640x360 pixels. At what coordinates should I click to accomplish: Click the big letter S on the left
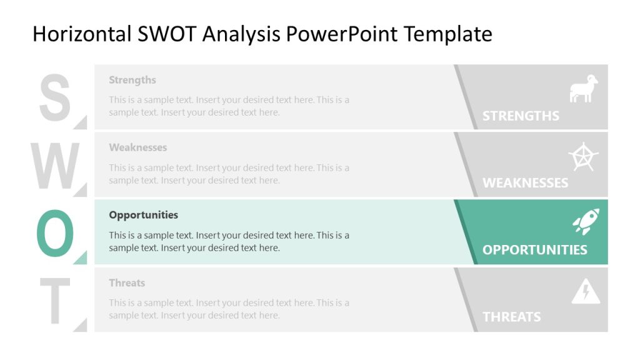(54, 97)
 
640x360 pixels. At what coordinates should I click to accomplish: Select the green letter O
(55, 232)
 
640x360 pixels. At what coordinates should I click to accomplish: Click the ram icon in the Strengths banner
(584, 89)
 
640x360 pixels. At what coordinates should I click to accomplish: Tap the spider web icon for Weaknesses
(584, 157)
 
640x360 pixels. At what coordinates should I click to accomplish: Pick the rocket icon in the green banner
(586, 222)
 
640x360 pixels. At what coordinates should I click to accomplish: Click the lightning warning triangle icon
(586, 291)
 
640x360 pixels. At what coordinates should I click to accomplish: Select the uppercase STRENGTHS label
(521, 116)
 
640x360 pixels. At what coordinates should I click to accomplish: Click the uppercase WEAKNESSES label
(525, 183)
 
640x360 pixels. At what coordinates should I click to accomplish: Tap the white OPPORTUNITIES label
(534, 249)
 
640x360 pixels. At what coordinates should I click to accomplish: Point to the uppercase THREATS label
(511, 317)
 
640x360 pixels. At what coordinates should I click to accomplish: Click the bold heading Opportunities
(143, 215)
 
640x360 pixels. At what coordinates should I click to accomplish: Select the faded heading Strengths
(132, 80)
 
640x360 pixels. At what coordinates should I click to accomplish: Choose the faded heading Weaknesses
(137, 147)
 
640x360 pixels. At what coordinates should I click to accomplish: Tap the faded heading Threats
(126, 283)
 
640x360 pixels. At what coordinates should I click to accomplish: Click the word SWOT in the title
(164, 34)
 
